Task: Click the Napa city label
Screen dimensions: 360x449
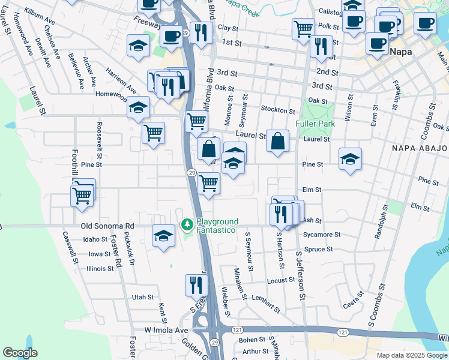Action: (401, 52)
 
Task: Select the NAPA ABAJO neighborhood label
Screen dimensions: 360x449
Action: (420, 148)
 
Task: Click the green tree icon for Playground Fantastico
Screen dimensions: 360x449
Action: (187, 226)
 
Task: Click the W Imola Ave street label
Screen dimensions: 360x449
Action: (166, 330)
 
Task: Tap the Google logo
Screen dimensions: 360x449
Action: (20, 353)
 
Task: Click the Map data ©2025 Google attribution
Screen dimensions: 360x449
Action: (412, 355)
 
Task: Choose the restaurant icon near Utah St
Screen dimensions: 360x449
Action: (195, 284)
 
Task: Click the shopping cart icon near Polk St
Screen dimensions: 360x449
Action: (303, 27)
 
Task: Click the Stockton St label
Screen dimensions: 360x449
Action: (278, 110)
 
